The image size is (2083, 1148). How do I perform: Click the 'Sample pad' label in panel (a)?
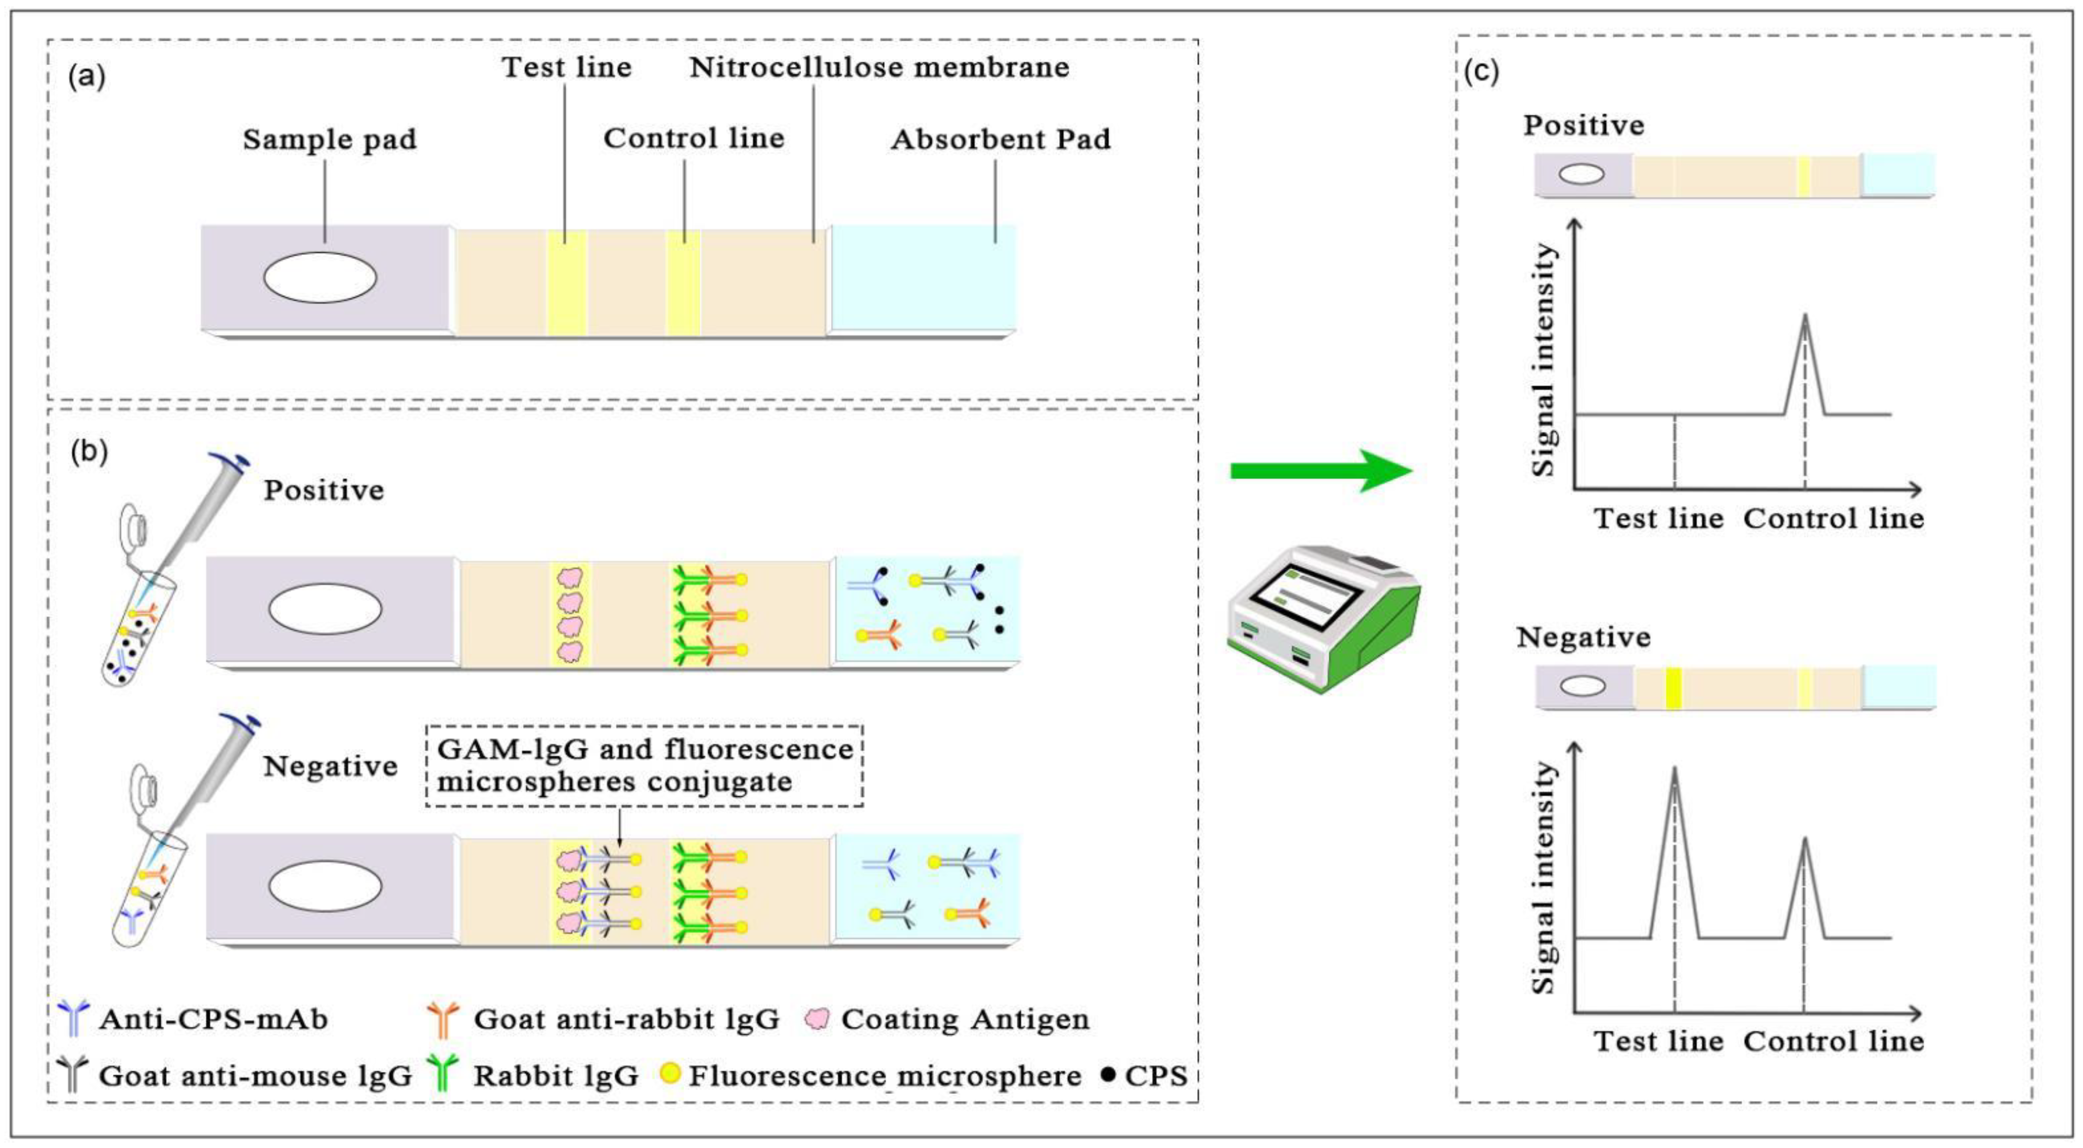click(330, 140)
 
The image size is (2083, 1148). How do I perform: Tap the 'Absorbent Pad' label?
click(1001, 140)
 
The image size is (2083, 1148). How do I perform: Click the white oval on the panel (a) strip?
click(320, 277)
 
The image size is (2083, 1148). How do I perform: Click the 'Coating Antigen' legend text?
click(966, 1020)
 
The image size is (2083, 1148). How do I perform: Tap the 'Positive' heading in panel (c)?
click(1584, 126)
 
